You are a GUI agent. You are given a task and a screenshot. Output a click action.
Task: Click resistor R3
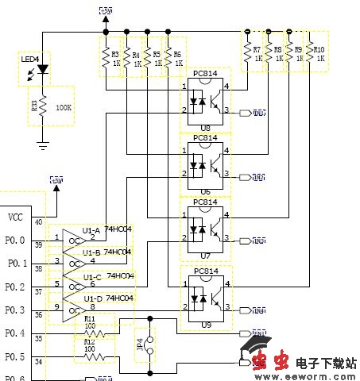[x=105, y=56]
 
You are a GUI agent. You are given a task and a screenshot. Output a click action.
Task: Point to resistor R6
[x=167, y=56]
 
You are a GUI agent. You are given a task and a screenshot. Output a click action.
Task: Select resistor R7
[x=248, y=53]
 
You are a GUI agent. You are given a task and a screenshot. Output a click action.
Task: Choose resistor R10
[x=311, y=53]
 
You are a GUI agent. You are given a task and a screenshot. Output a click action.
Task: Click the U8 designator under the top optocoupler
[x=205, y=127]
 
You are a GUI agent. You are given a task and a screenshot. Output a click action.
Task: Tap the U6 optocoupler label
[x=205, y=191]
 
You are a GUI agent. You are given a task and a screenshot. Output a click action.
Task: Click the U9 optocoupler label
[x=205, y=325]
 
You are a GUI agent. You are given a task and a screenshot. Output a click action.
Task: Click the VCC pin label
[x=15, y=217]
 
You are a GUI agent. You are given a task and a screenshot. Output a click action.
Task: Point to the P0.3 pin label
[x=15, y=310]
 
